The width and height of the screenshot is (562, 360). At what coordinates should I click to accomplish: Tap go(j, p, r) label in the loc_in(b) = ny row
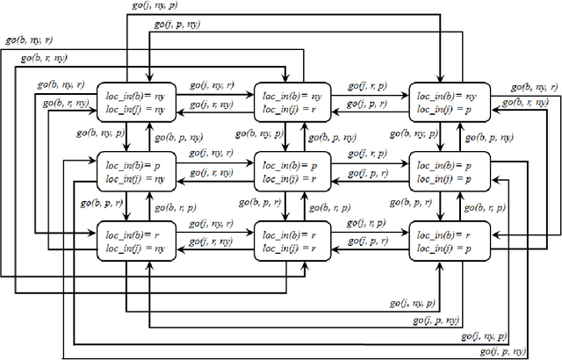367,104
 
